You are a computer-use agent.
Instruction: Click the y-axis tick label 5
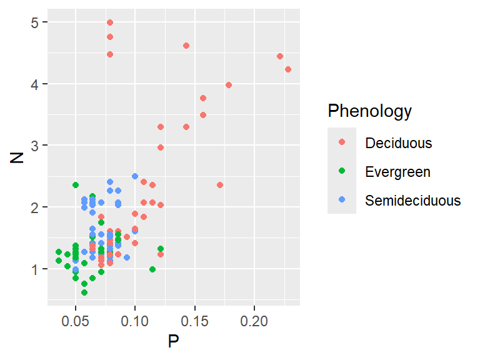pyautogui.click(x=37, y=22)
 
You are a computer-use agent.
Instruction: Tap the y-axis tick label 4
pyautogui.click(x=37, y=84)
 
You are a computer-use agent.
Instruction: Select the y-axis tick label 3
pyautogui.click(x=37, y=146)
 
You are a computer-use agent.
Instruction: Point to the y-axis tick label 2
pyautogui.click(x=37, y=207)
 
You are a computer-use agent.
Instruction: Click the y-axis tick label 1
pyautogui.click(x=37, y=269)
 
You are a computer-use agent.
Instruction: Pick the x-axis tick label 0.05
pyautogui.click(x=76, y=319)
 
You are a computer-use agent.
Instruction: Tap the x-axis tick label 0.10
pyautogui.click(x=135, y=319)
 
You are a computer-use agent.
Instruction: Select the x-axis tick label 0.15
pyautogui.click(x=195, y=319)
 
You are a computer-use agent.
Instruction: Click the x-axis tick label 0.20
pyautogui.click(x=254, y=319)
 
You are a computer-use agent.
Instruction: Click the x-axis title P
pyautogui.click(x=174, y=341)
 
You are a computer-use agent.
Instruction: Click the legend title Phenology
pyautogui.click(x=370, y=111)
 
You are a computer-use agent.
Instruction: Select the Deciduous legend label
pyautogui.click(x=399, y=142)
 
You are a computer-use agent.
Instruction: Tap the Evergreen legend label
pyautogui.click(x=397, y=171)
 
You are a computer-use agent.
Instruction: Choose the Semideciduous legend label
pyautogui.click(x=413, y=201)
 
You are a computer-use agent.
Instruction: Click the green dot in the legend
pyautogui.click(x=342, y=171)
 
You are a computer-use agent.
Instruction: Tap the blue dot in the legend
pyautogui.click(x=342, y=201)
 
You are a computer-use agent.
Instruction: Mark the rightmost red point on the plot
pyautogui.click(x=288, y=69)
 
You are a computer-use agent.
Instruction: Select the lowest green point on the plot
pyautogui.click(x=84, y=292)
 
